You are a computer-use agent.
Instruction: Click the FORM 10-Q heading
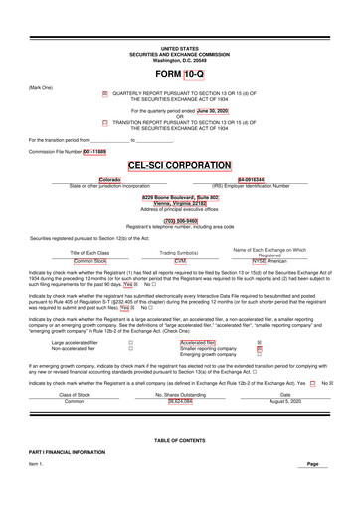click(x=179, y=76)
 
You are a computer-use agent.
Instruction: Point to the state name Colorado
click(x=109, y=180)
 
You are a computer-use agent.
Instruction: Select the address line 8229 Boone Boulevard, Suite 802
click(x=180, y=197)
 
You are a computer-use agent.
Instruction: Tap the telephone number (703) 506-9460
click(x=180, y=221)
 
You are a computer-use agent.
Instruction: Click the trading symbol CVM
click(x=180, y=260)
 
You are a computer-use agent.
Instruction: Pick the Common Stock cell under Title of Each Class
click(x=90, y=260)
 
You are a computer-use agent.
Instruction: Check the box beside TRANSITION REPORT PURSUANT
click(x=105, y=123)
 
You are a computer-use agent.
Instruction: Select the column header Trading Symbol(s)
click(x=180, y=253)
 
